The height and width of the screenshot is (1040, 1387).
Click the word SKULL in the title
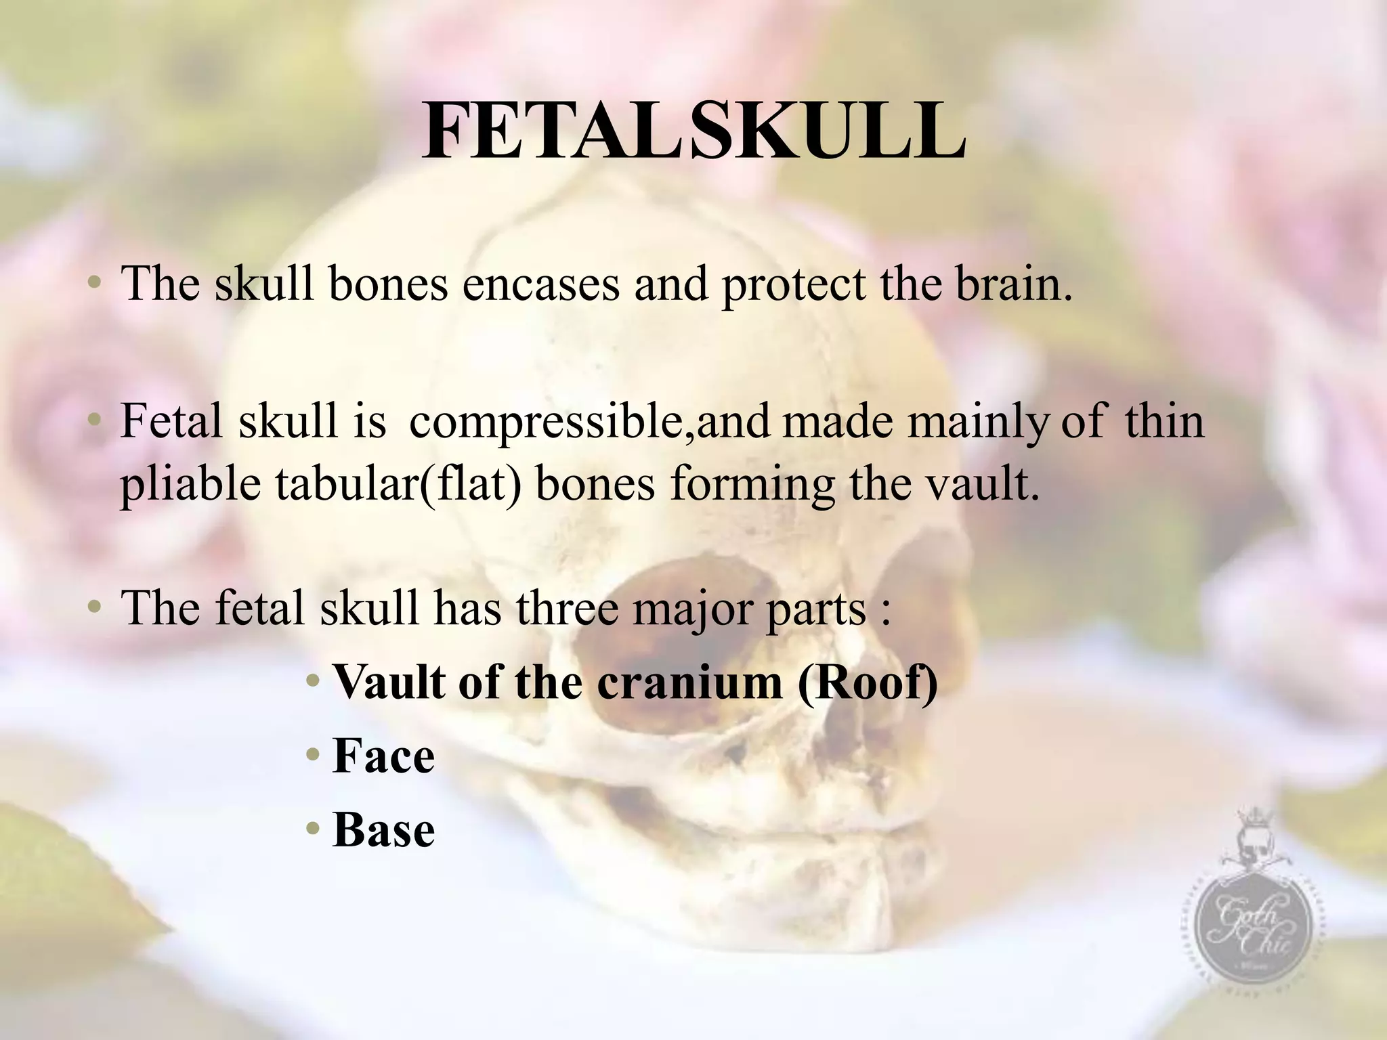(x=828, y=131)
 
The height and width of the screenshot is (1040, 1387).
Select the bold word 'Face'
(x=383, y=756)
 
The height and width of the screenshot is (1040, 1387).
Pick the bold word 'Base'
(x=383, y=829)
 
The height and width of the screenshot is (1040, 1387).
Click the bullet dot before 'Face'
(x=312, y=754)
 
